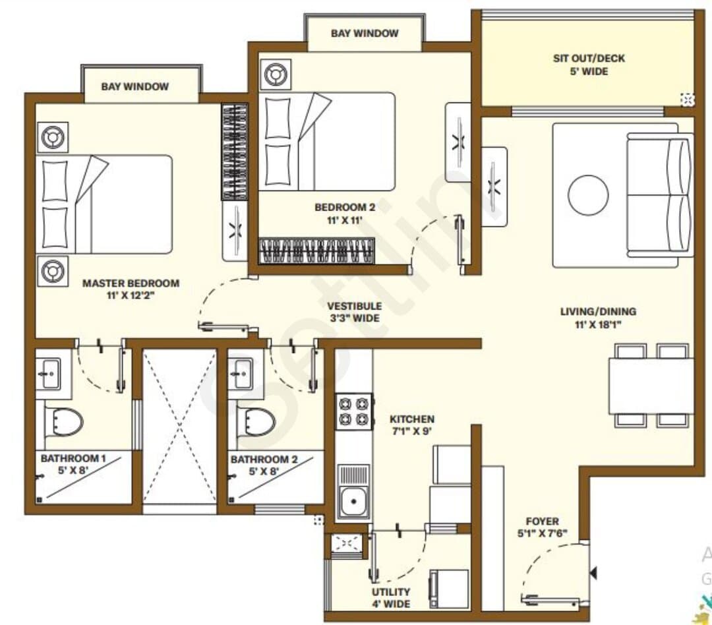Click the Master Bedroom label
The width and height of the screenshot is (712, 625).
[x=131, y=289]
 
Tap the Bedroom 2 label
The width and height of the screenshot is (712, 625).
[x=345, y=214]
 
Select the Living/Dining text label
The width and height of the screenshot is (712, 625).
[x=597, y=318]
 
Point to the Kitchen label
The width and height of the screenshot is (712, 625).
[x=412, y=425]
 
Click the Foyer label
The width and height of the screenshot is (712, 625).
[x=542, y=527]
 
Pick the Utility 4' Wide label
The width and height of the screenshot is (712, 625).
[x=391, y=598]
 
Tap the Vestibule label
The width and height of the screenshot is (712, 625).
[x=355, y=312]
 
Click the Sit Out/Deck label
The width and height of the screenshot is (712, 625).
[x=589, y=65]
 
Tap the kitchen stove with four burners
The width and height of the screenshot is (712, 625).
[x=354, y=411]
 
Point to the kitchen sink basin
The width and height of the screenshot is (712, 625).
[x=354, y=502]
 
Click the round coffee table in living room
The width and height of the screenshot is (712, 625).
[x=588, y=195]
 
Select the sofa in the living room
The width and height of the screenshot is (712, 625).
[x=660, y=195]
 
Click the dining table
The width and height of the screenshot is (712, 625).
[x=651, y=386]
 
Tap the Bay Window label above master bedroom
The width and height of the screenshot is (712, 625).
[x=135, y=86]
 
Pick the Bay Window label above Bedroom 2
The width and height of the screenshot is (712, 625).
[x=365, y=33]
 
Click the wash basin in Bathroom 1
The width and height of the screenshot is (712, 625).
[x=49, y=374]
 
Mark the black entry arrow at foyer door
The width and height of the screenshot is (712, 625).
[x=593, y=573]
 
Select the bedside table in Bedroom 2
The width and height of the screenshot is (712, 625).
[x=276, y=74]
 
